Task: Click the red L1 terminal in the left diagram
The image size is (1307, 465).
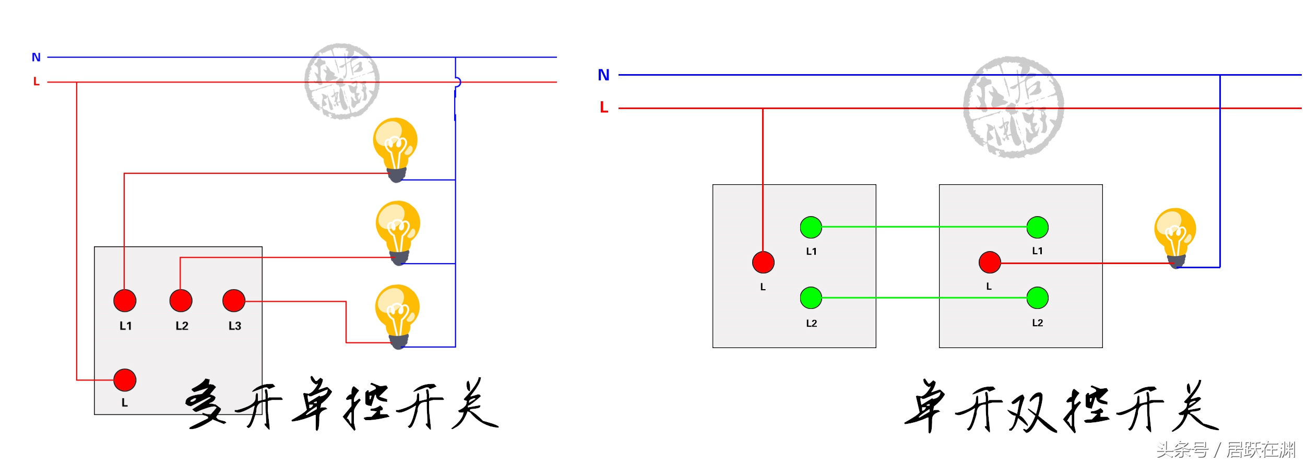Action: coord(125,301)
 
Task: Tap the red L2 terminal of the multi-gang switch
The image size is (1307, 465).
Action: coord(181,301)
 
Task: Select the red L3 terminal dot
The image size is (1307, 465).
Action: coord(233,301)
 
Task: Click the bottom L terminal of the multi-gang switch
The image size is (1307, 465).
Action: coord(125,380)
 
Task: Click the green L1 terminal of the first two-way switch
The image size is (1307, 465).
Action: coord(811,227)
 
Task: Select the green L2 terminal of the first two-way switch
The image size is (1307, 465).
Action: coord(811,297)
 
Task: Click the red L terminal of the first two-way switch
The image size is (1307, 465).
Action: coord(763,263)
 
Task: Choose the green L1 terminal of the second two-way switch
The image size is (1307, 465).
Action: coord(1037,227)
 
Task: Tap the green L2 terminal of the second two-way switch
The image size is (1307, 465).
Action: coord(1037,297)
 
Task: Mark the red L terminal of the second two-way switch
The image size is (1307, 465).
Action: coord(990,263)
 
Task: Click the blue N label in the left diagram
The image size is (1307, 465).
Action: coord(36,57)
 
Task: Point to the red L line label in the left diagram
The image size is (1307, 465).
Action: coord(36,82)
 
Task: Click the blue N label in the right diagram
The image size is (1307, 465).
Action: coord(603,75)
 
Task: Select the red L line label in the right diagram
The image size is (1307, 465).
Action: coord(604,108)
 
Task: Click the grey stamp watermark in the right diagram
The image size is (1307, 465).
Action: coord(1013,107)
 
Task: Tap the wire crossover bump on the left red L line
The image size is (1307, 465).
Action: coord(457,82)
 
